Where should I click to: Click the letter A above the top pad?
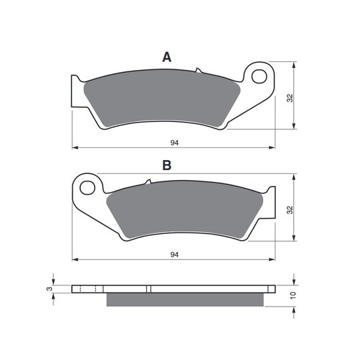(x=167, y=57)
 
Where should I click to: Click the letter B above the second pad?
(x=167, y=165)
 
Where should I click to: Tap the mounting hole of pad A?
(x=259, y=77)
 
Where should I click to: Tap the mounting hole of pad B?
(x=87, y=188)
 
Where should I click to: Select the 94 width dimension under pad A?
(x=175, y=143)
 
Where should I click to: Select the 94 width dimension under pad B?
(x=175, y=255)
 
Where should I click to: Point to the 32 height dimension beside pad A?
(x=291, y=98)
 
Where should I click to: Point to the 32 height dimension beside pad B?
(x=291, y=210)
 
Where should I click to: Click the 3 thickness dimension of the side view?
(x=49, y=289)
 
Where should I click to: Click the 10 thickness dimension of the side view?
(x=293, y=295)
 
